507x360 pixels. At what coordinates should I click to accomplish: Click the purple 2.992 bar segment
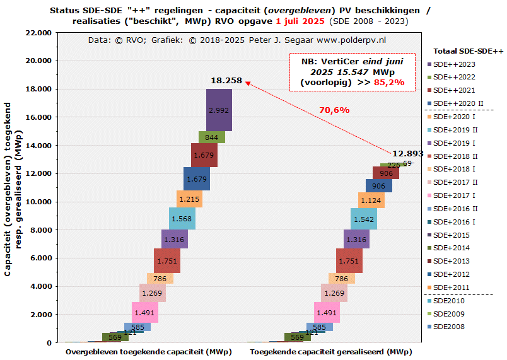click(x=218, y=110)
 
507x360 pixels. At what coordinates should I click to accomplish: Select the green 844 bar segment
click(x=212, y=137)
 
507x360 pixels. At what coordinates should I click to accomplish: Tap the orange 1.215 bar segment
click(x=189, y=199)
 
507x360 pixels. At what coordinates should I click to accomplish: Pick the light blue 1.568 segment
click(x=182, y=219)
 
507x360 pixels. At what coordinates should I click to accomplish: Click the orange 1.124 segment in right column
click(x=371, y=200)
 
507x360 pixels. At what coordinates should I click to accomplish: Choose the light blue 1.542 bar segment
click(x=364, y=219)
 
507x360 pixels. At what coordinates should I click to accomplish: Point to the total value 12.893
click(x=408, y=154)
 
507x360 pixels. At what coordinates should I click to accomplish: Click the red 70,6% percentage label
click(x=334, y=110)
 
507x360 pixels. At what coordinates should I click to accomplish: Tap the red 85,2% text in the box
click(x=389, y=82)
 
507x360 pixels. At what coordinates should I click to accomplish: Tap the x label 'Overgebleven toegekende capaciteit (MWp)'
click(x=148, y=351)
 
